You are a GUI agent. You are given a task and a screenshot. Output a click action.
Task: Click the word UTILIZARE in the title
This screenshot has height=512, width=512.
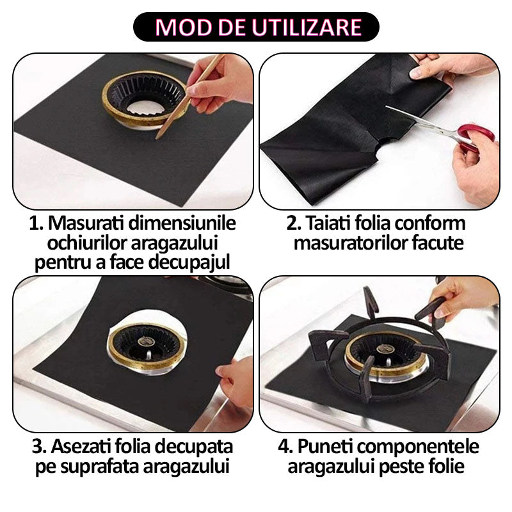coord(307,27)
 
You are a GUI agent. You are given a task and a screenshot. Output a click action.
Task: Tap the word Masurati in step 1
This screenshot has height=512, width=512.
coord(86,223)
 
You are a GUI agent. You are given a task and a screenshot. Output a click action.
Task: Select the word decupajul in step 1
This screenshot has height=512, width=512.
coord(189,263)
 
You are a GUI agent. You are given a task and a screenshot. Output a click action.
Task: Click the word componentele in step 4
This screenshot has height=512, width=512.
coord(417,447)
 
